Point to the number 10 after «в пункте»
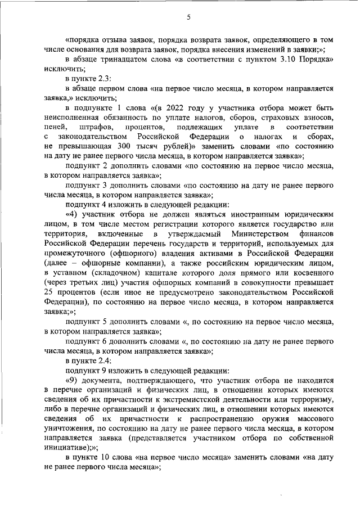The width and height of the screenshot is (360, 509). pyautogui.click(x=106, y=458)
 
